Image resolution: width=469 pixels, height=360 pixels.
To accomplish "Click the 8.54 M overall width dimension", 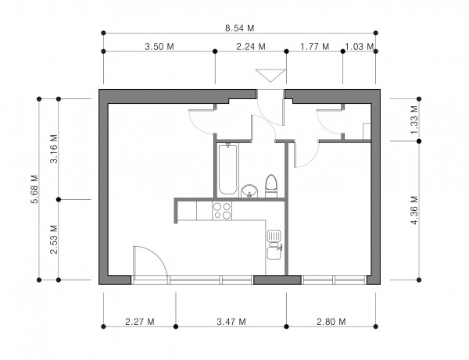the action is (240, 28).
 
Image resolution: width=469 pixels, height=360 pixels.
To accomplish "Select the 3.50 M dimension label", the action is (159, 47).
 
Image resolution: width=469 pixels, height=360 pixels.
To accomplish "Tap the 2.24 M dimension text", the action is (251, 47).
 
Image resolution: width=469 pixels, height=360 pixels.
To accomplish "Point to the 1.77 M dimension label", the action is (315, 47).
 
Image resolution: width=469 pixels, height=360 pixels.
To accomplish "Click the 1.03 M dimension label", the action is (360, 47).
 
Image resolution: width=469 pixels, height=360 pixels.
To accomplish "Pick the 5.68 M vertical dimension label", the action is (34, 189).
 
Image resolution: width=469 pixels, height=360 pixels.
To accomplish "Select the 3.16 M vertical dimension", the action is (54, 149).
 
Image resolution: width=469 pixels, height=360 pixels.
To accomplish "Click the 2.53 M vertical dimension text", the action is (54, 239).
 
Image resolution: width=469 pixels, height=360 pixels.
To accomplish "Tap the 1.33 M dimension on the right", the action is (414, 120).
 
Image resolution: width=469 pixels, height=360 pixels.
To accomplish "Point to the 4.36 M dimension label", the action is (414, 210).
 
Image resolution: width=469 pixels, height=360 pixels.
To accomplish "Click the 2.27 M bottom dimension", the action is (140, 322).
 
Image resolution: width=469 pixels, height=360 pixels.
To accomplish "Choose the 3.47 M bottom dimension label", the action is (231, 322).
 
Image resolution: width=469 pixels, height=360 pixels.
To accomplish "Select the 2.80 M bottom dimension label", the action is (331, 322).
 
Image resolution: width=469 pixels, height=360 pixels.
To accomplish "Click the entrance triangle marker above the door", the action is (270, 74).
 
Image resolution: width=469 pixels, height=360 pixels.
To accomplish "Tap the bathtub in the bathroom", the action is (228, 169).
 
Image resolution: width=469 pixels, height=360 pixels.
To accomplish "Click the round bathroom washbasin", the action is (249, 191).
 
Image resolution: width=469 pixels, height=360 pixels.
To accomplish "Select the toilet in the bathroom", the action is (271, 186).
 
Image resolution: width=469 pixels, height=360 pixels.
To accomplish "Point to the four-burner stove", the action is (222, 211).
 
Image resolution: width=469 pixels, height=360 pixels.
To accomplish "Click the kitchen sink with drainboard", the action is (274, 245).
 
